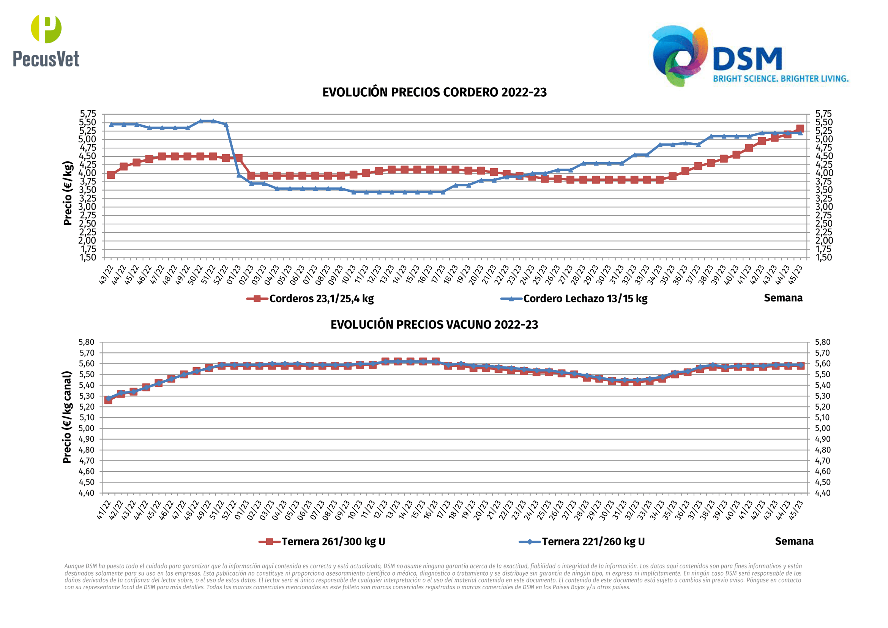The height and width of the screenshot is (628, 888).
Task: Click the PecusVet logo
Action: click(46, 41)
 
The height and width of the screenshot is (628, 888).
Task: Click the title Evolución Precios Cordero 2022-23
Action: click(434, 92)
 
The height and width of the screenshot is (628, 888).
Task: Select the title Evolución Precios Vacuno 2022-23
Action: click(434, 324)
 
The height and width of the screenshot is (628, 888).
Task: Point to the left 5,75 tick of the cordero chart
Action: click(88, 114)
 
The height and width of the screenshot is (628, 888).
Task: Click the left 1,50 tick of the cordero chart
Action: click(88, 257)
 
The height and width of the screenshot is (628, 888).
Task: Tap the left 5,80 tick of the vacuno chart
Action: click(87, 342)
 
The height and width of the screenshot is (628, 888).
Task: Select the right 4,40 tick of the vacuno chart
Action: click(822, 493)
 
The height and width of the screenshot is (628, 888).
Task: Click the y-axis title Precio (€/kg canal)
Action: click(67, 417)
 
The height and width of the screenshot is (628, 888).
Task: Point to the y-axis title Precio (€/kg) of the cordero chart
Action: click(68, 193)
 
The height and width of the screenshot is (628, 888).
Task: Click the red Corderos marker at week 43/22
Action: click(111, 175)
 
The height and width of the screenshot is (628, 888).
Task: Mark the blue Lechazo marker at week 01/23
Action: click(239, 175)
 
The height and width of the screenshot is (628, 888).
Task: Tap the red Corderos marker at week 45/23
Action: click(800, 129)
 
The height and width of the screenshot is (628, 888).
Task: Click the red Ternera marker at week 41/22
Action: click(108, 400)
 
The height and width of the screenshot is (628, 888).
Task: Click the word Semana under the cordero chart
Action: click(783, 298)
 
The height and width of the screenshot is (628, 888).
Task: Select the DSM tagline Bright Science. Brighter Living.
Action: click(781, 79)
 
